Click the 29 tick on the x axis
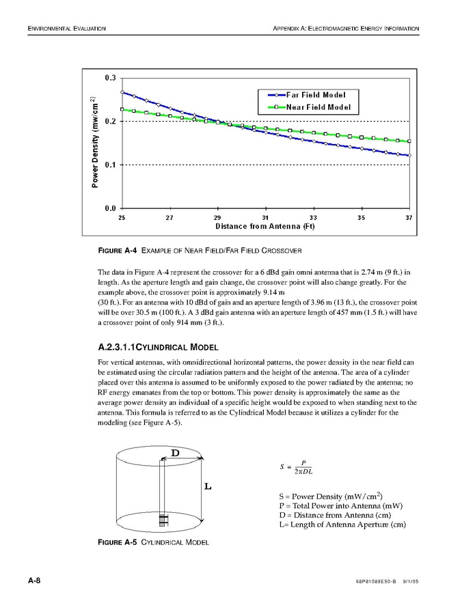pos(217,217)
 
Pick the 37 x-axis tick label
pos(409,217)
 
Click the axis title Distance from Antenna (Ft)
pos(264,225)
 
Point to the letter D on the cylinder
pos(175,452)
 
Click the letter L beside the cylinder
pos(208,487)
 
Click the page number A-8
pos(34,581)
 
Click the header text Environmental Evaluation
pos(66,28)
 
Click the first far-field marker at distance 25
pos(122,92)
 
